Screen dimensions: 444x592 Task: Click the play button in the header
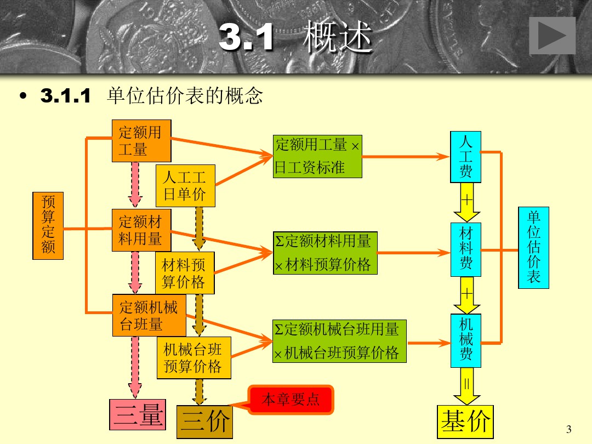(x=552, y=36)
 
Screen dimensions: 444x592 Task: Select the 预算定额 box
(x=48, y=225)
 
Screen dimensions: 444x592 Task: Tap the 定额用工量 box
(x=141, y=141)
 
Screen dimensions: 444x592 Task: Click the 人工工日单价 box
(x=185, y=185)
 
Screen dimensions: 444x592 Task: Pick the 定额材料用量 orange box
(x=141, y=230)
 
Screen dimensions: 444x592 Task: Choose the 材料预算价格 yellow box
(x=185, y=273)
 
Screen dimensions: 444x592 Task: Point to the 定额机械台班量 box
(x=149, y=315)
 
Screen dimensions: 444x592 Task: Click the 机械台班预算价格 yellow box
(x=193, y=358)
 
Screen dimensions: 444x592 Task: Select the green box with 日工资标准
(x=317, y=156)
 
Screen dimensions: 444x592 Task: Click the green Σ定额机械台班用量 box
(x=340, y=341)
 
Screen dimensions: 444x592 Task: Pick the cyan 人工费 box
(x=465, y=157)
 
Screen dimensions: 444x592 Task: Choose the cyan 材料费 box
(x=465, y=249)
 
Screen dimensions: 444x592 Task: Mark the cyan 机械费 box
(x=465, y=340)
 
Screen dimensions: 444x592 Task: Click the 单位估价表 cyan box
(x=533, y=247)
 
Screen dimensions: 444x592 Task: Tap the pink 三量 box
(x=138, y=415)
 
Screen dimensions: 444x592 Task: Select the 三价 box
(x=204, y=422)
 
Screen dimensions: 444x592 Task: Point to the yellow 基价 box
(x=465, y=422)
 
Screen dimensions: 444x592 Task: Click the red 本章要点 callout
(x=291, y=400)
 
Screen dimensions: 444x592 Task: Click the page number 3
(x=568, y=429)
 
